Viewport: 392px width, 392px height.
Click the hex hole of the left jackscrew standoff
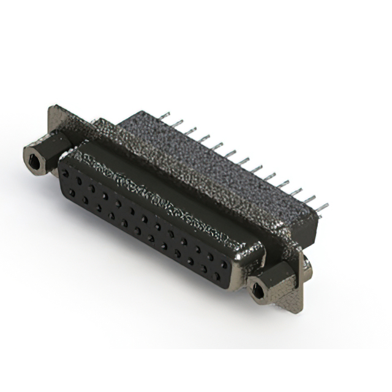coord(33,161)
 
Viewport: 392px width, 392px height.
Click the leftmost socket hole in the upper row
coord(65,174)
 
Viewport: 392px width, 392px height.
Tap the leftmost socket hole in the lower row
coord(72,192)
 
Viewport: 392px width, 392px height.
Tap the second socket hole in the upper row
coord(78,181)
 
